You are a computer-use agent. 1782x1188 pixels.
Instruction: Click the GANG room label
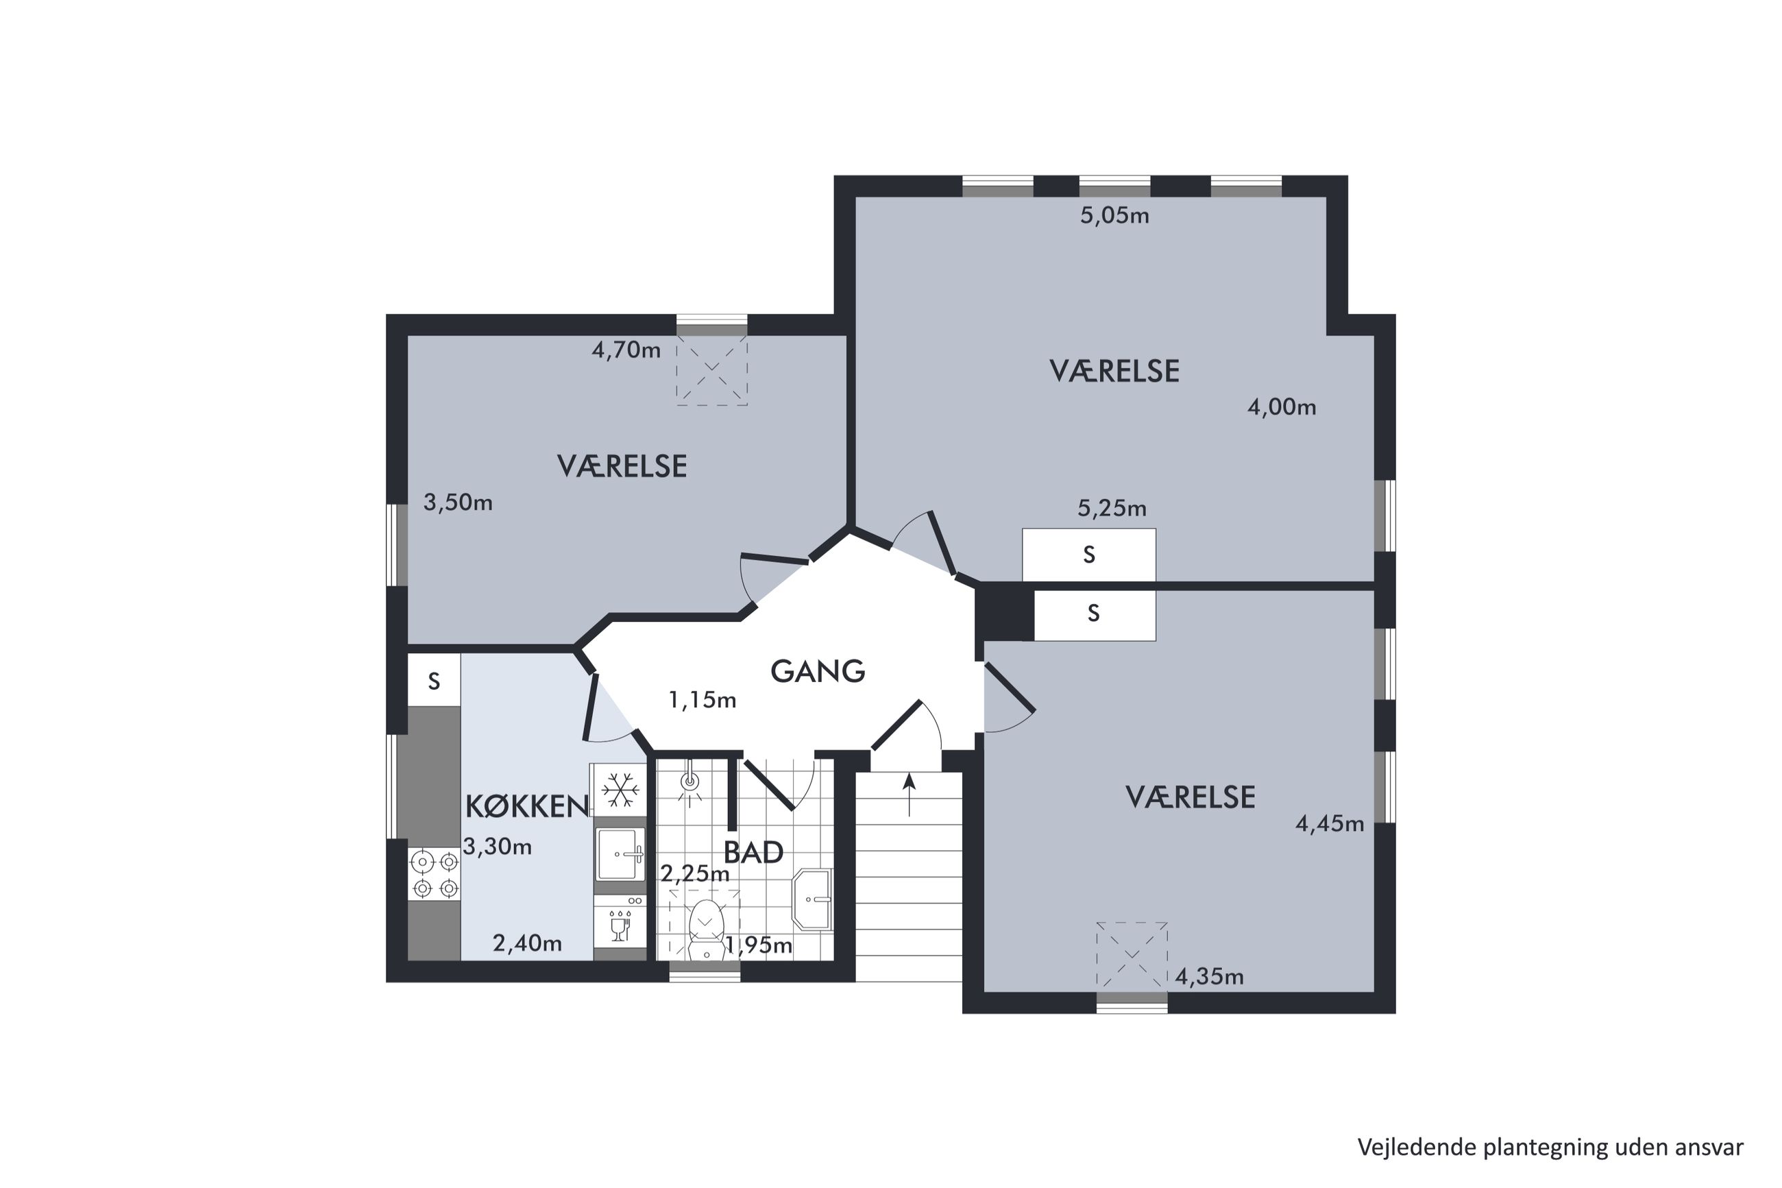click(817, 670)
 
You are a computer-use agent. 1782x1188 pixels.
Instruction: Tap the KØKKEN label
click(527, 807)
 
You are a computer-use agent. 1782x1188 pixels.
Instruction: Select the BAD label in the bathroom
click(753, 852)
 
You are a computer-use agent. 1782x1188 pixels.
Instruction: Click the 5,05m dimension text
click(1114, 216)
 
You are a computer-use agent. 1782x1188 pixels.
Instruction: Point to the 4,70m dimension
click(626, 350)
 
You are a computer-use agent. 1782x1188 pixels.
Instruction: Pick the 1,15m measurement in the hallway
click(702, 700)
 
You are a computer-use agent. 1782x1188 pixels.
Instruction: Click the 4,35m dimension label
click(1209, 977)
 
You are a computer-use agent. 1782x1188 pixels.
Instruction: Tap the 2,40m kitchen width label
click(527, 943)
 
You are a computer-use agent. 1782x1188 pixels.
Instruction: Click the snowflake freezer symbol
click(620, 790)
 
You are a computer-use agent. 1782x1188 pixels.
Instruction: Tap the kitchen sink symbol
click(620, 854)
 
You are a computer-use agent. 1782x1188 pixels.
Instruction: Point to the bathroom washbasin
click(812, 899)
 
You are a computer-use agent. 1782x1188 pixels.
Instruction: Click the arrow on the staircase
click(909, 794)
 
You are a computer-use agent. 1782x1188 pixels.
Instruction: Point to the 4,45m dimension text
click(1329, 823)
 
